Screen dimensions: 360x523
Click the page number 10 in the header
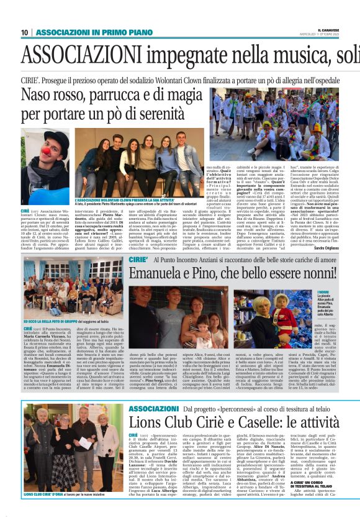tap(25, 32)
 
